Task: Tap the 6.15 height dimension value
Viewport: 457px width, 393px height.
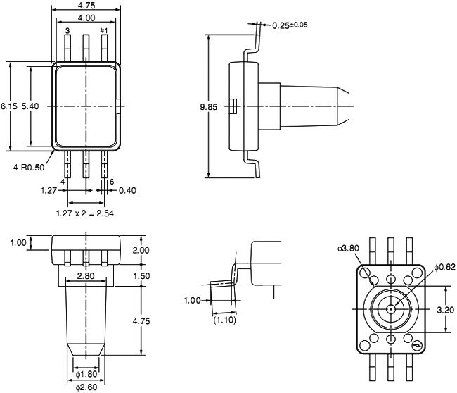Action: tap(9, 106)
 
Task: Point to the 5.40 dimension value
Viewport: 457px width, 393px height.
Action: tap(31, 106)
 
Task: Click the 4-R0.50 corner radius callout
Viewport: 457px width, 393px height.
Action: tap(29, 168)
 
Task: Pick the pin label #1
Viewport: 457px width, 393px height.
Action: tap(104, 31)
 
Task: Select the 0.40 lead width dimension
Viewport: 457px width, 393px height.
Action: tap(127, 190)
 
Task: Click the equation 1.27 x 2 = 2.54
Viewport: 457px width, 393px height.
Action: tap(86, 211)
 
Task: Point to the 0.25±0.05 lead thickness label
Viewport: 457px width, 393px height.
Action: tap(289, 25)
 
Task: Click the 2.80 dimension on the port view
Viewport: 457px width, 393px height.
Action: tap(86, 276)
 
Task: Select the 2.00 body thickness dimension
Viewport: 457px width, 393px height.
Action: tap(141, 250)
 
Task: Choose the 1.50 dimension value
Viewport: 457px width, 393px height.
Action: tap(141, 276)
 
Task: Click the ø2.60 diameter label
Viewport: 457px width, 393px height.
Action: tap(86, 387)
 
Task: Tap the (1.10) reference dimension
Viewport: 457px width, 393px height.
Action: tap(224, 320)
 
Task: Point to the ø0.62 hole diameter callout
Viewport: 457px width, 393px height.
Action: tap(445, 266)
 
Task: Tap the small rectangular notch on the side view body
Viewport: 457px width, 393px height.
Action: tap(233, 106)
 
